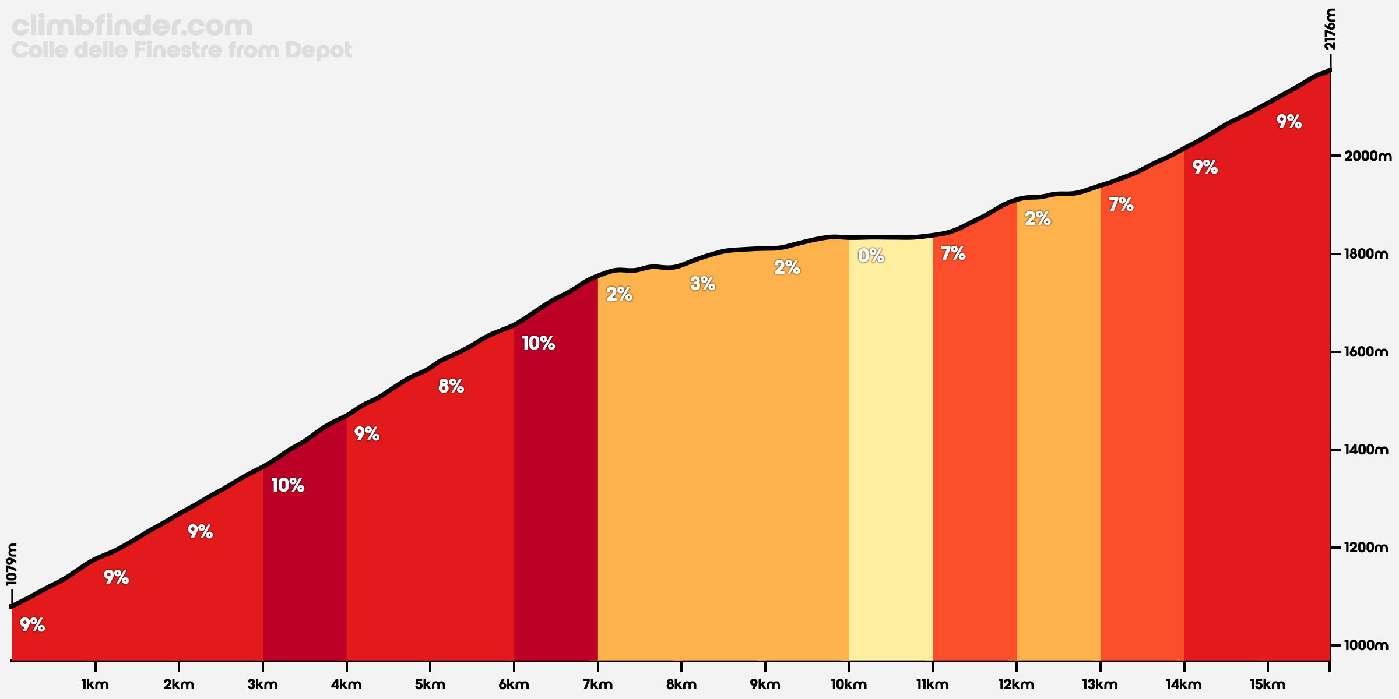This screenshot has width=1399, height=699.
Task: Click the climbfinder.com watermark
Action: pos(132,26)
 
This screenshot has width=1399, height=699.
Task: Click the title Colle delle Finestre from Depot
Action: pos(182,50)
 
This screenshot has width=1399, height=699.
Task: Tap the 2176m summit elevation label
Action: pos(1330,29)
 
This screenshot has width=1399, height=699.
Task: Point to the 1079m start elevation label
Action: pos(12,564)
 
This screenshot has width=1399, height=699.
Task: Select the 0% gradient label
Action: pos(871,255)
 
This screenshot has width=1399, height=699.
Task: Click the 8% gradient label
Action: pos(451,386)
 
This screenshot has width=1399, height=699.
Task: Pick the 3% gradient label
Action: pos(702,284)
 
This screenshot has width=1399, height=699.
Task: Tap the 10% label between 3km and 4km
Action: pos(288,485)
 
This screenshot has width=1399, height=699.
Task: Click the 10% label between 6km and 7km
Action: pos(538,343)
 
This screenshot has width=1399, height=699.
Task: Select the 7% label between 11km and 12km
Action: pos(953,253)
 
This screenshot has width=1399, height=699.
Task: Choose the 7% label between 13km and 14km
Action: pos(1121,204)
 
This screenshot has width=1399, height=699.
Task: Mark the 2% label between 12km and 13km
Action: pos(1038,218)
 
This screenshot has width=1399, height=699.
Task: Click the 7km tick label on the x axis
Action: pos(597,685)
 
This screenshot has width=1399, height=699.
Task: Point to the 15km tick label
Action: pos(1267,685)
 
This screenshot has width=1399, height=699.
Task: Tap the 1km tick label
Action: pos(95,685)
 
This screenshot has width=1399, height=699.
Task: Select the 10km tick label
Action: pos(849,685)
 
